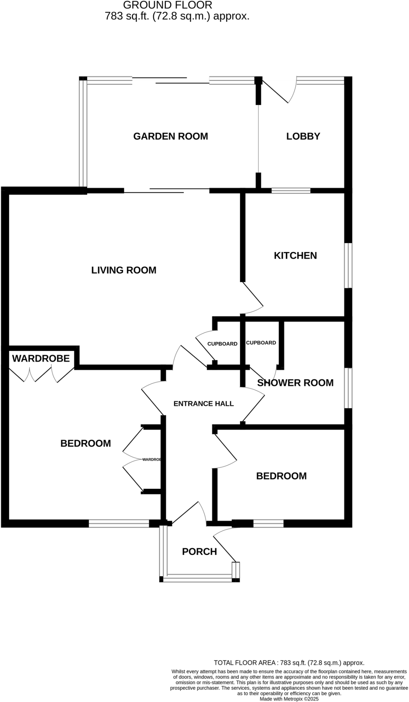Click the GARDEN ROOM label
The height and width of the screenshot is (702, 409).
170,136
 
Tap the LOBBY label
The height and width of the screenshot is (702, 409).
303,136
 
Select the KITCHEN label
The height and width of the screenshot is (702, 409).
295,256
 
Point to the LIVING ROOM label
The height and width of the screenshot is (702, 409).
124,270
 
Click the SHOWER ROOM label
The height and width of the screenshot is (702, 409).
295,383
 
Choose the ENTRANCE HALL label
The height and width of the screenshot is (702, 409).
203,404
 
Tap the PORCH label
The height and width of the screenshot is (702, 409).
199,552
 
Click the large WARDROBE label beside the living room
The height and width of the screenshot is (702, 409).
41,359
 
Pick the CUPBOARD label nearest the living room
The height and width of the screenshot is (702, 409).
222,344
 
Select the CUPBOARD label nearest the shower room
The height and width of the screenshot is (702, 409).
261,343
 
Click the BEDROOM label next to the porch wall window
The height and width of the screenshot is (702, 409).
281,476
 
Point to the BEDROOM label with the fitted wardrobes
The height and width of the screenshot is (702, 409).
85,444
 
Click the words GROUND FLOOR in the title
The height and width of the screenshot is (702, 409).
168,5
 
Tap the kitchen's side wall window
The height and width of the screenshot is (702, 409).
348,266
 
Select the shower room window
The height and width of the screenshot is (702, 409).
348,388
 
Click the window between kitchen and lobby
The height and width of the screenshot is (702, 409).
291,191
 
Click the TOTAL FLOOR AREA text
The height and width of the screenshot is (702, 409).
289,663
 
